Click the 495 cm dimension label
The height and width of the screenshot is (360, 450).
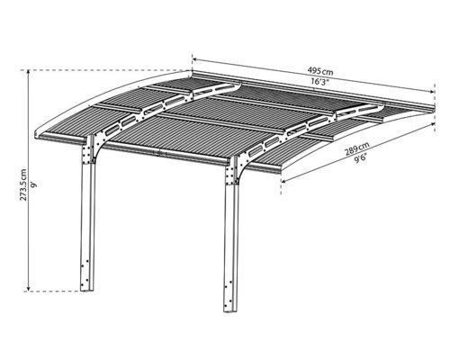[320, 71]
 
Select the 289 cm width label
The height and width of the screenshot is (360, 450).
[356, 148]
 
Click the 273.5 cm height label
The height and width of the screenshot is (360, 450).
[23, 184]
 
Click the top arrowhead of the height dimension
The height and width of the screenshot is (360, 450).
[28, 72]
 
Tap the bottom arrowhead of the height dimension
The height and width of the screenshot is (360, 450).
[28, 289]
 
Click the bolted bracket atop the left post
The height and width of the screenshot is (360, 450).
[88, 151]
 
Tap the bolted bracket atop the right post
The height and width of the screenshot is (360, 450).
[232, 171]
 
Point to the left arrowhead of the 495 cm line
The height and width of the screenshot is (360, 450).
[194, 59]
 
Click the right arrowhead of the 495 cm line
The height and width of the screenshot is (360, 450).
[432, 92]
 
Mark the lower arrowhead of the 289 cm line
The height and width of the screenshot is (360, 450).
[283, 181]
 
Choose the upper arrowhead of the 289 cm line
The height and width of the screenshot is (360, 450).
[433, 123]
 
